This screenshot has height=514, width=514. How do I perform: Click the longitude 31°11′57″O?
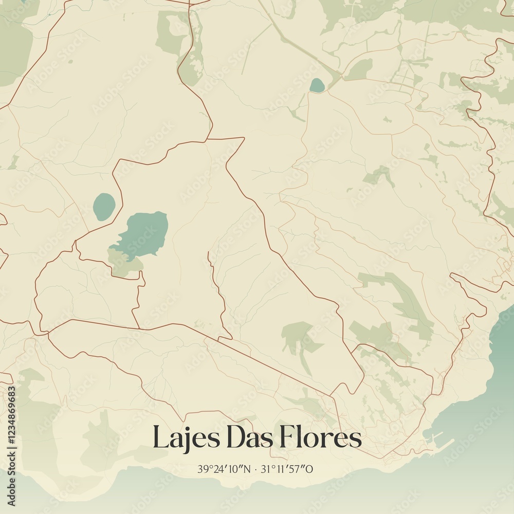point(287,469)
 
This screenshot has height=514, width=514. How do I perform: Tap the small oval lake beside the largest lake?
point(104,207)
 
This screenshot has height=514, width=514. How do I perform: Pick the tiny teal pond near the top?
point(317,85)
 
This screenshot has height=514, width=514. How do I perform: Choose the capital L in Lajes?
point(160,438)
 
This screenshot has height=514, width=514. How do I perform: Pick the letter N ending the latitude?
point(247,469)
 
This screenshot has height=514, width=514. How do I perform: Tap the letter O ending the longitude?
point(310,469)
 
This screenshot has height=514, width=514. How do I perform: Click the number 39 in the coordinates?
point(202,469)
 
